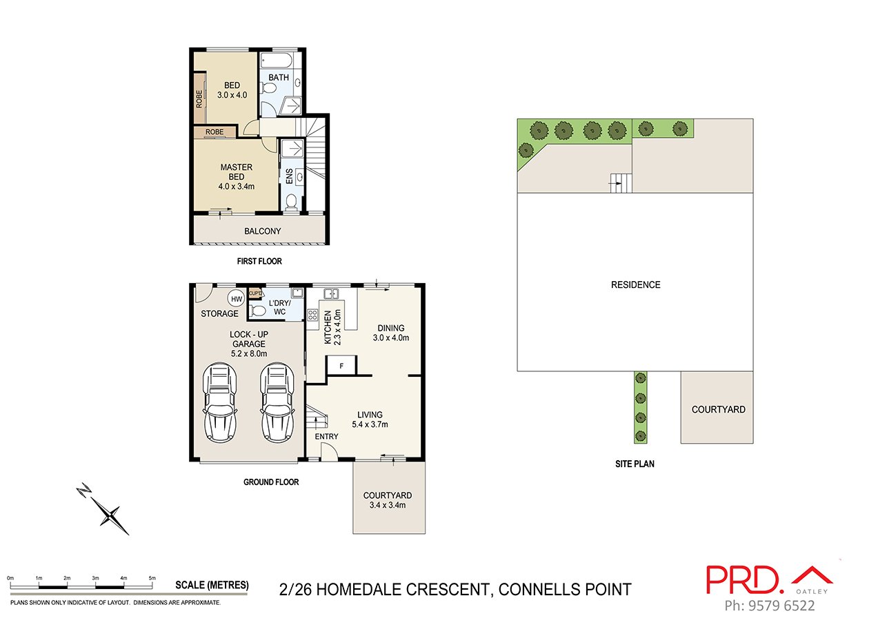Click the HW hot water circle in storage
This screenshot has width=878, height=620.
point(237,299)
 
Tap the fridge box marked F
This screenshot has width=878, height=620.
point(341,366)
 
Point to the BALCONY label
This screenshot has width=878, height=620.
point(263,231)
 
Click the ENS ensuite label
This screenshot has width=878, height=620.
point(289,176)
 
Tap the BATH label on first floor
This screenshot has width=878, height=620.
point(279,78)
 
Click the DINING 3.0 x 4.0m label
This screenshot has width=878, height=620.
point(390,333)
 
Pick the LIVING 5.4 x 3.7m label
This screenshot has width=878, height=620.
point(370,420)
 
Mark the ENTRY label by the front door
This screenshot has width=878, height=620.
point(326,437)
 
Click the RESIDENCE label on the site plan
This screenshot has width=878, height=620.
point(635,285)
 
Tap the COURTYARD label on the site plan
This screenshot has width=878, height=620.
point(718,409)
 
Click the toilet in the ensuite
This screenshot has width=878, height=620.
point(291,201)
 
